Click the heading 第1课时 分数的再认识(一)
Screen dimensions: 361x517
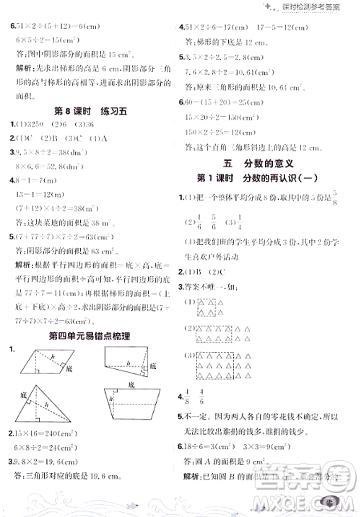[264, 178]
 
